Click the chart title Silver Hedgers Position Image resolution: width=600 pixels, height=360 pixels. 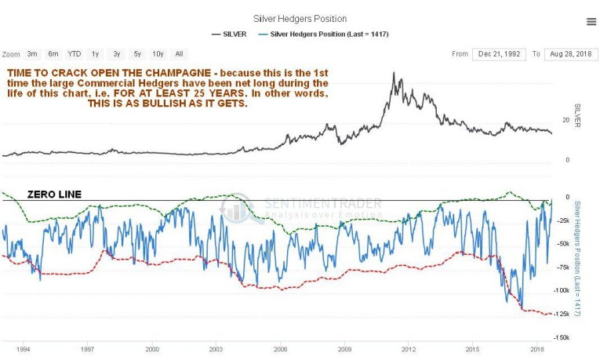coord(300,18)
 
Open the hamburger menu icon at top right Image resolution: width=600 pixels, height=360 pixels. coord(591,22)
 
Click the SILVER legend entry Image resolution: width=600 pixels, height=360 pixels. coord(234,34)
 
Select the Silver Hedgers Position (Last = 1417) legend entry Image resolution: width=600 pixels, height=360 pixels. coord(330,34)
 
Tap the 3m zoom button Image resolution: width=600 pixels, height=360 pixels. coord(32,54)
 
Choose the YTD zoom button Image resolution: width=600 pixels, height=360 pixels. coord(74,54)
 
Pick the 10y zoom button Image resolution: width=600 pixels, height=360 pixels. coord(158,54)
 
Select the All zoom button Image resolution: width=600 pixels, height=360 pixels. coord(179,54)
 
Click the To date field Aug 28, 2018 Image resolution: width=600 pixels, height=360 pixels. coord(570,54)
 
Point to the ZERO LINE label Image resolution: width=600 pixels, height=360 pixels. coord(55,194)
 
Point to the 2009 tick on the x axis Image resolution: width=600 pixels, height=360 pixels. coord(344,347)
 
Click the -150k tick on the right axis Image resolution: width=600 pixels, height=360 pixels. coord(562,337)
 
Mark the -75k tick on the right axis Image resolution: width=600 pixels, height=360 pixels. coord(562,267)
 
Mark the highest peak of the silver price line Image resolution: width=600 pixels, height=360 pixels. coord(395,75)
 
